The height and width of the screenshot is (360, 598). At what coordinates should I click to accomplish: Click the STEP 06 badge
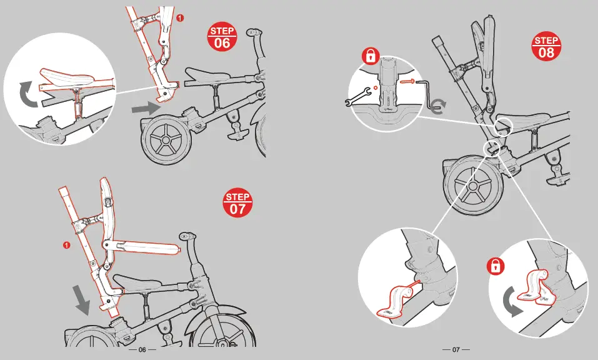click(222, 38)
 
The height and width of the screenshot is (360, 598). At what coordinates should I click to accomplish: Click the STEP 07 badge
click(237, 204)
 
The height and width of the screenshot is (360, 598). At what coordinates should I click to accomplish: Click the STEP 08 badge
click(546, 47)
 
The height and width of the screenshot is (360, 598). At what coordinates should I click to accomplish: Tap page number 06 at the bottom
click(142, 349)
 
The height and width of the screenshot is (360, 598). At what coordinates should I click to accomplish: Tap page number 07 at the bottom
click(456, 349)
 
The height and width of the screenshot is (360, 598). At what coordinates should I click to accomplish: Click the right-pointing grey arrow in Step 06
click(146, 108)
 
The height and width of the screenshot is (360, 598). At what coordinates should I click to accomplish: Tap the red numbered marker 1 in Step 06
click(181, 17)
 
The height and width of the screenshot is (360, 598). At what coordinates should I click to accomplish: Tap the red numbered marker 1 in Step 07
click(66, 244)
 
